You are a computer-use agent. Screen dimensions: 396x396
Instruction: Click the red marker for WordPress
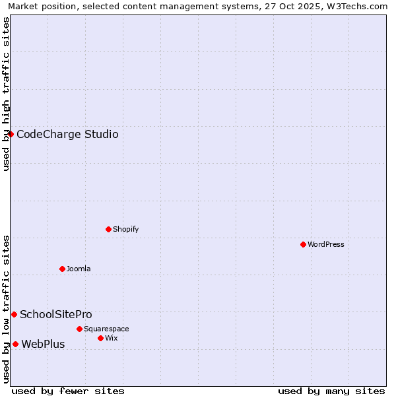(303, 244)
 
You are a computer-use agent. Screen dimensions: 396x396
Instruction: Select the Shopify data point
(108, 229)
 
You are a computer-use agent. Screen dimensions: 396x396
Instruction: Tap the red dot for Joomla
(62, 269)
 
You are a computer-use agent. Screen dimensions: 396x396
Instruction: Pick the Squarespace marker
(79, 329)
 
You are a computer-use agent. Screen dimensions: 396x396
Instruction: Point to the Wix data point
(100, 338)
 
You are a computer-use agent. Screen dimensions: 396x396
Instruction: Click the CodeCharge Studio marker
(11, 134)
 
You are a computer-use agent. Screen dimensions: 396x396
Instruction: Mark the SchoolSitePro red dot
(14, 314)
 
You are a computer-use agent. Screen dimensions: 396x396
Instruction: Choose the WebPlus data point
(15, 344)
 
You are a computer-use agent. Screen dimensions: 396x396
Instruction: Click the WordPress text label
(326, 244)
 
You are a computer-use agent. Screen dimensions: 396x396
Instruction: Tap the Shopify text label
(125, 229)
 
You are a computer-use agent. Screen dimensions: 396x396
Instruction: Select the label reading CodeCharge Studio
(67, 135)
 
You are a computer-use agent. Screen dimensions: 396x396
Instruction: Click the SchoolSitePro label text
(56, 315)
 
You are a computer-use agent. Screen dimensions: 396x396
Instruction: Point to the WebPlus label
(43, 344)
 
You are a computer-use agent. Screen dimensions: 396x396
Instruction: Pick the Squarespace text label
(106, 329)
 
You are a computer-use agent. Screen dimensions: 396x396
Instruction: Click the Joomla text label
(79, 269)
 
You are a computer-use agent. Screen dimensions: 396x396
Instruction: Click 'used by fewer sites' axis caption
(68, 391)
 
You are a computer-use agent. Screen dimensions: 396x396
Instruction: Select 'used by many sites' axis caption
(331, 391)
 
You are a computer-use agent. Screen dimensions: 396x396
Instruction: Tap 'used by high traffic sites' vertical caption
(6, 94)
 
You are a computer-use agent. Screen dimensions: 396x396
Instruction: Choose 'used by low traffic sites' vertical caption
(6, 308)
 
